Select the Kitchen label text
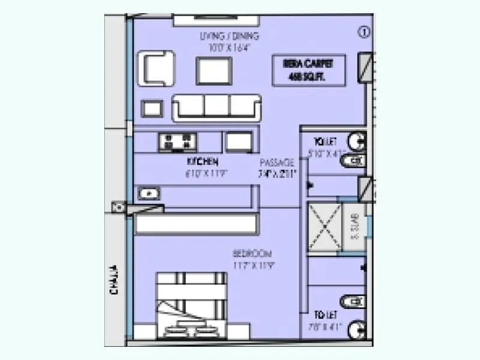[202, 162]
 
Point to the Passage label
[277, 163]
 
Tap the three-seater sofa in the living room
[217, 107]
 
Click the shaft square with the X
[325, 230]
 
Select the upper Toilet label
[324, 142]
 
